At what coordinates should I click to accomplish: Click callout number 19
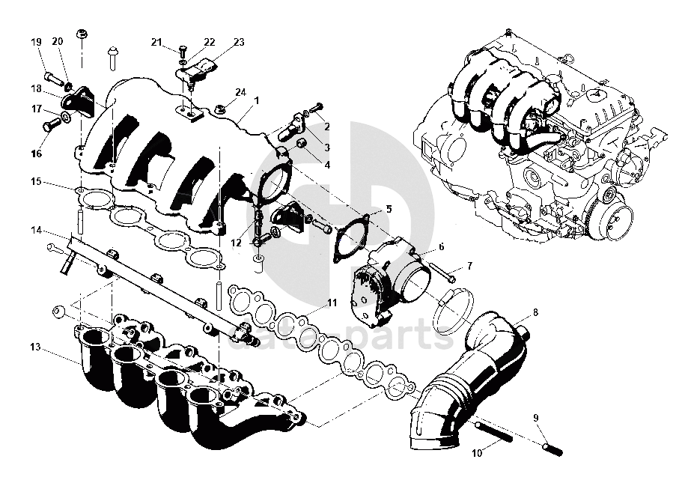(x=36, y=42)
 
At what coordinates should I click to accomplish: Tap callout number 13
(x=34, y=347)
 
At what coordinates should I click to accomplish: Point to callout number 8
(x=535, y=310)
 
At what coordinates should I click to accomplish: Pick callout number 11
(x=332, y=303)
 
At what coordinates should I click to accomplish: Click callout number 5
(x=388, y=209)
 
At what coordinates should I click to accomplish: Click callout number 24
(x=240, y=92)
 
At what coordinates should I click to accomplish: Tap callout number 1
(x=255, y=100)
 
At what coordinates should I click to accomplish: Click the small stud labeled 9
(x=553, y=448)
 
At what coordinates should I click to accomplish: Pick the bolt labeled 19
(x=52, y=76)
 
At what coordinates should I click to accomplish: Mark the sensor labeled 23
(x=201, y=71)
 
